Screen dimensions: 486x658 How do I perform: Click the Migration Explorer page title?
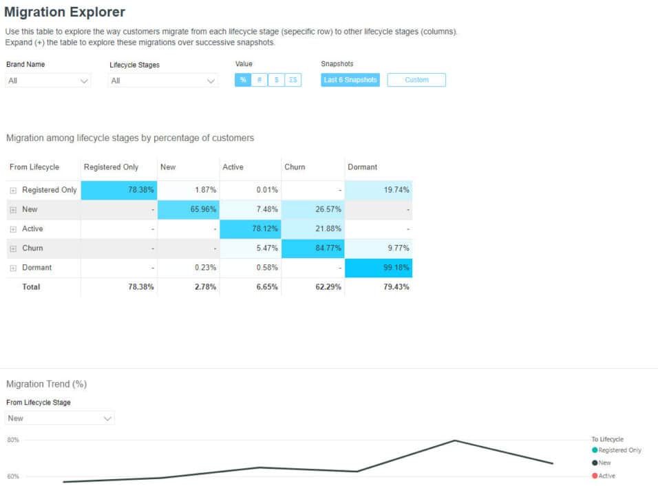(x=65, y=12)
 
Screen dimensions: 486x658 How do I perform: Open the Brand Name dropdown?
(x=48, y=81)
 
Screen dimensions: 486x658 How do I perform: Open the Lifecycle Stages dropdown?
(x=163, y=81)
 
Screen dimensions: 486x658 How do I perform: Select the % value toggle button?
(x=243, y=80)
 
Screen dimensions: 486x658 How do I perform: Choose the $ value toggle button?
(x=276, y=80)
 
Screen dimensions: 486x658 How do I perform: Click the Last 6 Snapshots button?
(x=350, y=80)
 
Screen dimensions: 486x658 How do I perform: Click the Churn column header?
(x=295, y=167)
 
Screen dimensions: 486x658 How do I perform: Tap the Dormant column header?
(x=362, y=167)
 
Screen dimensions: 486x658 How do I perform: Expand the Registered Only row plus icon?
(x=13, y=190)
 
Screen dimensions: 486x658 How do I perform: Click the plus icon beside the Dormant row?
(x=13, y=268)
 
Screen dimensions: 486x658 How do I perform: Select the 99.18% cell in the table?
(x=378, y=268)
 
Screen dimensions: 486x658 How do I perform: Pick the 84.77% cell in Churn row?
(x=313, y=249)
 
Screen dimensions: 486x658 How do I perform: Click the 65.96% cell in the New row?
(x=189, y=209)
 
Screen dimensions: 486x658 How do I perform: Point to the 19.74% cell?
(x=378, y=190)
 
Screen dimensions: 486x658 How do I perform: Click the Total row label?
(x=32, y=287)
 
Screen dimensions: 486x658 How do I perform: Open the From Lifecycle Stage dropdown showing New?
(x=60, y=418)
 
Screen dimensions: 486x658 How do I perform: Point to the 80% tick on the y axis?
(x=13, y=440)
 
